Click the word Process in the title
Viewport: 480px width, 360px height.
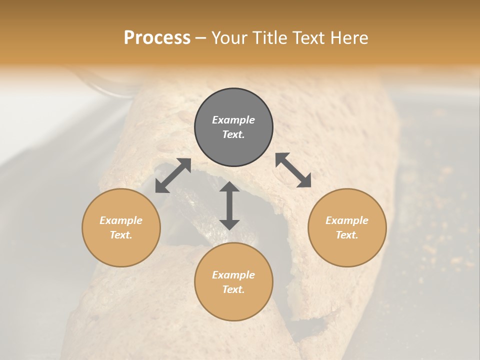(157, 37)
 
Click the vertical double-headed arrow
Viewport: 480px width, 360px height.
(229, 206)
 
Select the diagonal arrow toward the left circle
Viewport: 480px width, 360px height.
(173, 175)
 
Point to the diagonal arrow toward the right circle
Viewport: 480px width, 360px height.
(293, 170)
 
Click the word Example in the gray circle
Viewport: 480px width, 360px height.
(233, 120)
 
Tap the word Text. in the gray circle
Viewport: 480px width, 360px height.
(233, 134)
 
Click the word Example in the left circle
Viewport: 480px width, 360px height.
(121, 220)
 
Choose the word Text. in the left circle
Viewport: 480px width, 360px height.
(121, 235)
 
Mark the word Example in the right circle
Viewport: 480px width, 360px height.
(347, 220)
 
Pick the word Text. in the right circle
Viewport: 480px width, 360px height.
(347, 235)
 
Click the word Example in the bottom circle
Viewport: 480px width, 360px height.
(233, 275)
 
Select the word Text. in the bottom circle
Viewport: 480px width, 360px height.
(233, 289)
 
